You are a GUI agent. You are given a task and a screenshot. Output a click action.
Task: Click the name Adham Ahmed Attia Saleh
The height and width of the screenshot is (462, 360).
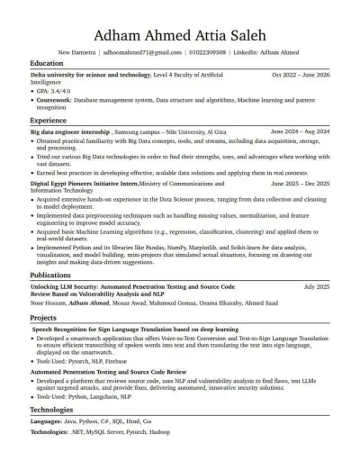(179, 37)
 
